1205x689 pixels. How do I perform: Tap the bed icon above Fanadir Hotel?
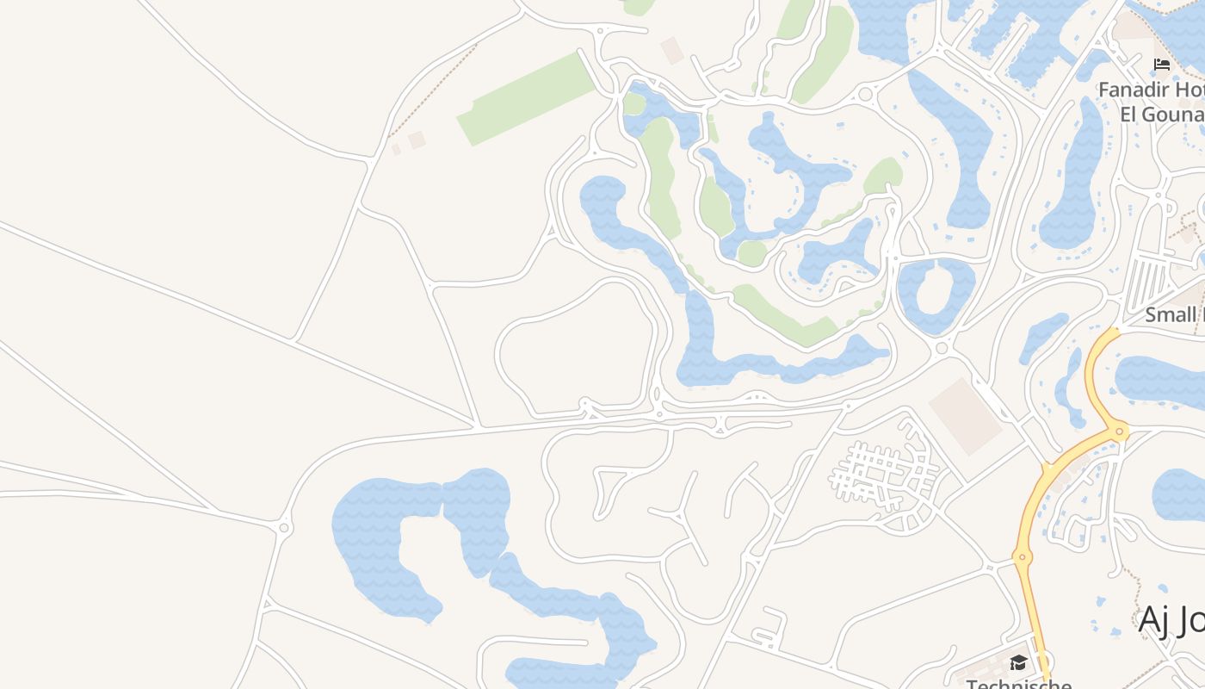click(x=1162, y=65)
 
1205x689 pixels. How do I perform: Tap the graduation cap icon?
click(x=1019, y=661)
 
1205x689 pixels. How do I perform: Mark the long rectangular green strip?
click(x=527, y=98)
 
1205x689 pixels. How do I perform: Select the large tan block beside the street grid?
click(x=966, y=416)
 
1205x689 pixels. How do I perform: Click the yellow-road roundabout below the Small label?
click(x=1120, y=431)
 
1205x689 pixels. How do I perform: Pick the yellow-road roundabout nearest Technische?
click(x=1023, y=557)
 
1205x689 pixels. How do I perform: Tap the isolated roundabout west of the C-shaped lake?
click(x=285, y=527)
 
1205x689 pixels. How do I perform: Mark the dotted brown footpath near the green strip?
click(x=430, y=91)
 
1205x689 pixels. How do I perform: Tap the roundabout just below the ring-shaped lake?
click(x=941, y=349)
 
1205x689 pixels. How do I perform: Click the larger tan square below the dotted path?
click(x=417, y=140)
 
